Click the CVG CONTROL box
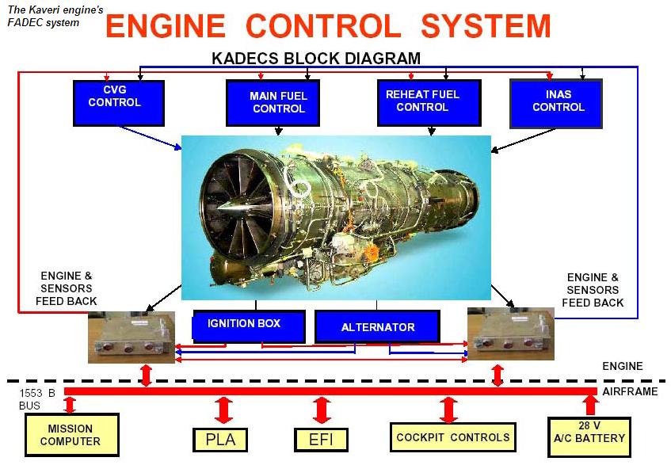(118, 102)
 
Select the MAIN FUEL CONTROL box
(277, 103)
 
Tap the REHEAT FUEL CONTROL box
(422, 102)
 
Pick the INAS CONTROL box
(557, 103)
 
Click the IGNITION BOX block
(244, 325)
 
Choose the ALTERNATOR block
(377, 326)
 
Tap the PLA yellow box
(220, 439)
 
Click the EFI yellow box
(321, 439)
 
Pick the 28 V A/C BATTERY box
(591, 435)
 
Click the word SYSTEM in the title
(485, 26)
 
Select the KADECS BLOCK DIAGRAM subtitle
(316, 59)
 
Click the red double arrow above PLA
(223, 410)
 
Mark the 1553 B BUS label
(36, 399)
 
